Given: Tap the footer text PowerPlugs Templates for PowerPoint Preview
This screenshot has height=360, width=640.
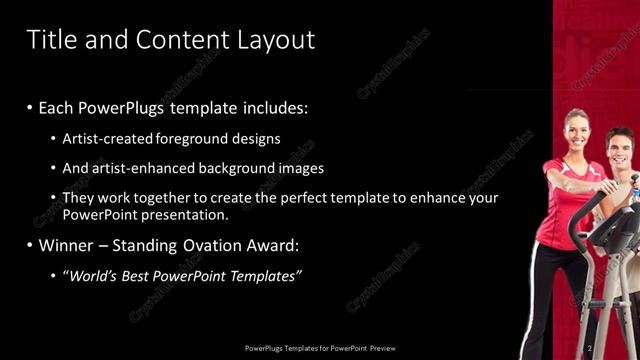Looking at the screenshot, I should tap(320, 348).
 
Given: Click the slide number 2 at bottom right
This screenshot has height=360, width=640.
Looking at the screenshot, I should tap(590, 347).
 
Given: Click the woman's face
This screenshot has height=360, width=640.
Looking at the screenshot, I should tap(578, 130).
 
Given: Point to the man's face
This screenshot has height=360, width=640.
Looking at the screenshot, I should tap(620, 153).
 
